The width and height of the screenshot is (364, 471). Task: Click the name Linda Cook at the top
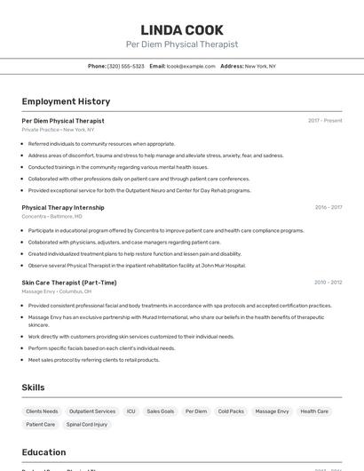[x=181, y=30]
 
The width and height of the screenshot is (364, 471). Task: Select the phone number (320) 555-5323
[x=126, y=66]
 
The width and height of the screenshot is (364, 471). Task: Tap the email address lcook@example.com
[x=191, y=66]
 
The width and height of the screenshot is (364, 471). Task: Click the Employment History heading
[x=66, y=101]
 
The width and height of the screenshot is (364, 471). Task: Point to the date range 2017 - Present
[x=325, y=121]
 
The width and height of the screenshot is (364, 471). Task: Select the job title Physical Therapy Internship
[x=63, y=207]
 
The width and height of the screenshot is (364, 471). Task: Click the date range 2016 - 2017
[x=328, y=207]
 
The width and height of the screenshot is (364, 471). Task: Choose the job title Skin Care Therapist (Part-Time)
[x=69, y=283]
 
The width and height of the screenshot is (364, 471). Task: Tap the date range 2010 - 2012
[x=328, y=283]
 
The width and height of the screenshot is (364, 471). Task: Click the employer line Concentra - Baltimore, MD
[x=51, y=216]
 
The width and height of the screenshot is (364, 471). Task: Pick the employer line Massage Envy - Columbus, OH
[x=56, y=291]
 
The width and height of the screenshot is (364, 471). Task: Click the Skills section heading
[x=33, y=387]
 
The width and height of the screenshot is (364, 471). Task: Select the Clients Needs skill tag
[x=42, y=411]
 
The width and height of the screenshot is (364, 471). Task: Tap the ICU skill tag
[x=131, y=411]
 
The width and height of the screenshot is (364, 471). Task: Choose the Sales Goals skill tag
[x=161, y=411]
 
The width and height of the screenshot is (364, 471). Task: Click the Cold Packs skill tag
[x=231, y=411]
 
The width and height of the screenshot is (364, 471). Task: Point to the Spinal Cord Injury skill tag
[x=89, y=425]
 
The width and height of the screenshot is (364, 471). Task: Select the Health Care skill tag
[x=314, y=411]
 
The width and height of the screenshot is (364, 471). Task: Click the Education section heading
[x=44, y=452]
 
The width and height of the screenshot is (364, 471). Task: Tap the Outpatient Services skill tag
[x=92, y=411]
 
